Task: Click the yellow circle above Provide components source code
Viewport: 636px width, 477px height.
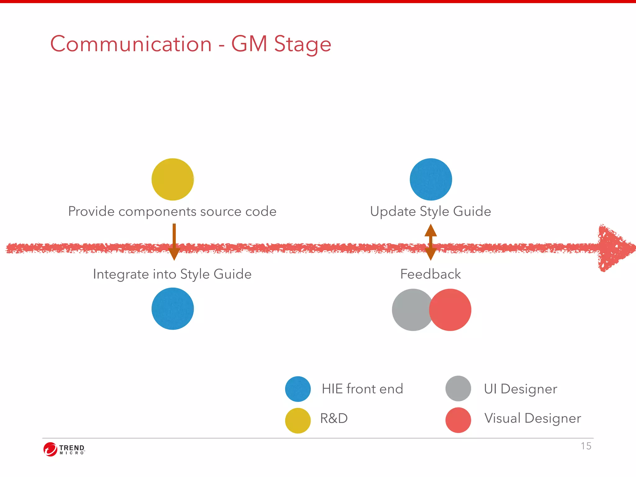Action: [x=173, y=179]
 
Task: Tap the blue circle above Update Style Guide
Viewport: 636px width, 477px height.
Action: [x=431, y=179]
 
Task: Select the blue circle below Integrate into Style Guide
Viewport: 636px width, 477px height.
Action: [x=173, y=309]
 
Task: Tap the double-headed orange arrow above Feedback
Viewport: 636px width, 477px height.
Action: [x=431, y=242]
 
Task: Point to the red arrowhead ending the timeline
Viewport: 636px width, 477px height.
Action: [x=613, y=248]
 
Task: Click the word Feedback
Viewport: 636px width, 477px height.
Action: [x=430, y=274]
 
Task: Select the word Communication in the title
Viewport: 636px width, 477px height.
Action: [x=131, y=44]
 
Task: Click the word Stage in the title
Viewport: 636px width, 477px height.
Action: [x=302, y=44]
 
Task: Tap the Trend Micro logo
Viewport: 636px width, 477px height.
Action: [x=64, y=449]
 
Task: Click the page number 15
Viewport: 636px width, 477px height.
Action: [x=586, y=446]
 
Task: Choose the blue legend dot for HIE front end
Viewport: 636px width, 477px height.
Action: [x=298, y=389]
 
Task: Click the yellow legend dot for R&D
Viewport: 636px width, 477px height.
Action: [x=298, y=420]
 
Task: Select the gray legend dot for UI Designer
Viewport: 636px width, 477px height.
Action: [x=458, y=388]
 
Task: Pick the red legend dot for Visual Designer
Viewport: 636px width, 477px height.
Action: [x=458, y=420]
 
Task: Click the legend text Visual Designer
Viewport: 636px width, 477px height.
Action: [x=533, y=418]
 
